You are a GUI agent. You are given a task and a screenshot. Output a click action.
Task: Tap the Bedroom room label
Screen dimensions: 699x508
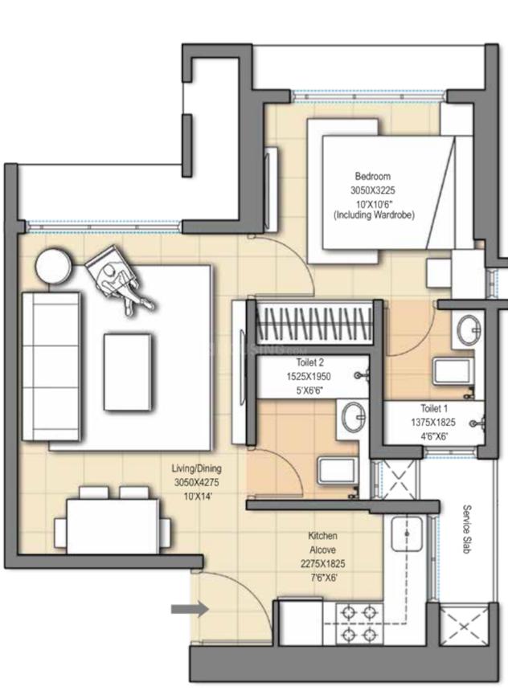click(x=373, y=176)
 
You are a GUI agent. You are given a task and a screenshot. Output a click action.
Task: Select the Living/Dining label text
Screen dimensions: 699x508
click(x=196, y=468)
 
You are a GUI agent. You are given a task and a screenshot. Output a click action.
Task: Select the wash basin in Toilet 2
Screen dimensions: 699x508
click(x=352, y=417)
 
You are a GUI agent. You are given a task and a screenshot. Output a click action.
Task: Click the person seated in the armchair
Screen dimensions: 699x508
click(x=118, y=279)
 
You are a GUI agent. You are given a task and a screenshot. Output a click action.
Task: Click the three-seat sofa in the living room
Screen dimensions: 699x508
click(x=51, y=366)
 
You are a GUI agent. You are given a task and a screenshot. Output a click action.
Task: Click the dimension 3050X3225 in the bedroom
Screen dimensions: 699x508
click(x=373, y=190)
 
